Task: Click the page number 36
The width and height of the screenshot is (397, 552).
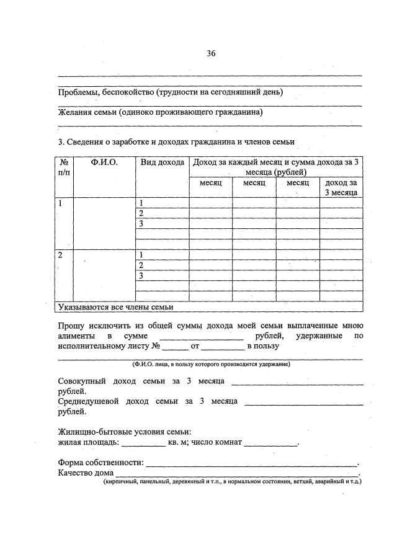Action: coord(211,53)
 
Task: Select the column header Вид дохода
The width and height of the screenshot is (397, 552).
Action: coord(162,162)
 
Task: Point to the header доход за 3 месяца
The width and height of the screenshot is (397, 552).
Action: coord(341,188)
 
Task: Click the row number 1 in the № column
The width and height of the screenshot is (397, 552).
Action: coord(60,203)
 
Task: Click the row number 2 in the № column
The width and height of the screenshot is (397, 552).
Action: coord(60,255)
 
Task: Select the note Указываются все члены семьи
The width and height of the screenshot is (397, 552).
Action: coord(115,306)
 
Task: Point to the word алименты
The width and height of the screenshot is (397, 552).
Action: coord(78,336)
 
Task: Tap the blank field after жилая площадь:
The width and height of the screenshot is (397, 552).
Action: coord(143,443)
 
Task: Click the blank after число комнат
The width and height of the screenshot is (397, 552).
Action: coord(271,443)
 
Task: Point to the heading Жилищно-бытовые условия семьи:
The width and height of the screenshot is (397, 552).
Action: coord(124,432)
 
